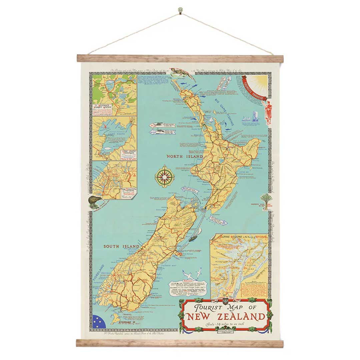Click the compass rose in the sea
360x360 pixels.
164,176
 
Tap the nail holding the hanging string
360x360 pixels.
180,10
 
